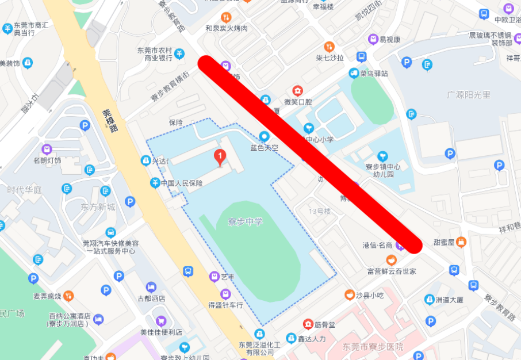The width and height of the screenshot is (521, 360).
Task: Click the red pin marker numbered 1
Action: tap(219, 156)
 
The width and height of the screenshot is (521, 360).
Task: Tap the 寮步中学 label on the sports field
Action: tap(245, 222)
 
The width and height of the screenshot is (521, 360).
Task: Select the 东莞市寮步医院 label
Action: tap(373, 347)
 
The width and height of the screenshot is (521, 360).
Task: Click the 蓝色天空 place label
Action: tap(264, 147)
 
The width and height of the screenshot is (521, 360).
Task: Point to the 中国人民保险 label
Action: tap(182, 183)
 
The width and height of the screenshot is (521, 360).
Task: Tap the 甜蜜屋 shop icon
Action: tap(461, 242)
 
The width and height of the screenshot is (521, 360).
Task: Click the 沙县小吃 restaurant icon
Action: tap(349, 295)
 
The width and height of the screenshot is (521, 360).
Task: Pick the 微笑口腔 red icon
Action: tap(297, 90)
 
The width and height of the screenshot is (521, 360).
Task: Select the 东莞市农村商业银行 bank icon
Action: tap(179, 53)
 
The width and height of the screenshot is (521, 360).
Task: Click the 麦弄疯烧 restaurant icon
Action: tap(69, 296)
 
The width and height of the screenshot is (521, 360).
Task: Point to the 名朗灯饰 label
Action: tap(47, 160)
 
